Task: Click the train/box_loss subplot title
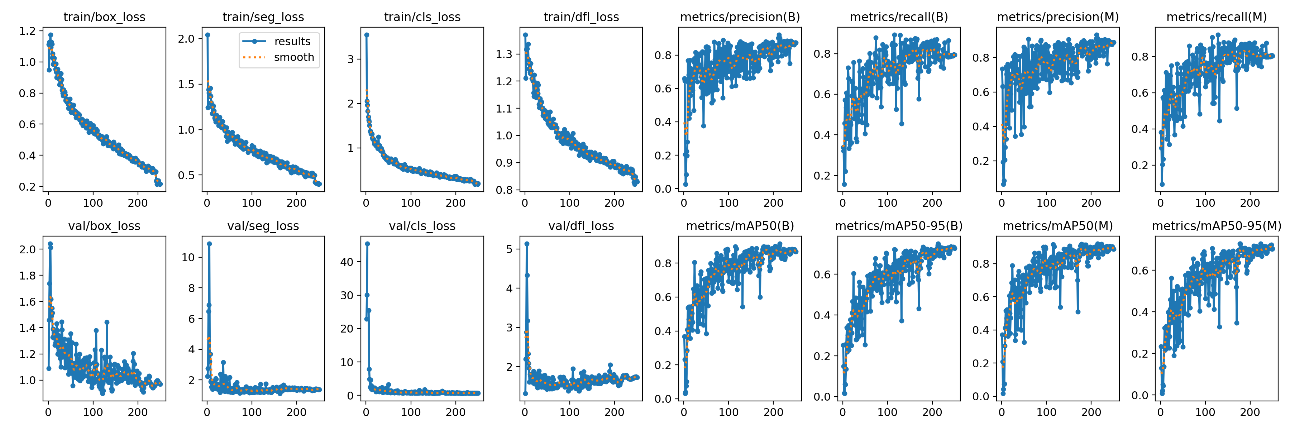pyautogui.click(x=104, y=17)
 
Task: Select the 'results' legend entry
pyautogui.click(x=292, y=42)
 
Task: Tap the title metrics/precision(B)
pyautogui.click(x=740, y=17)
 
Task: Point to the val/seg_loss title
pyautogui.click(x=263, y=226)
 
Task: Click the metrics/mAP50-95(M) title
pyautogui.click(x=1217, y=226)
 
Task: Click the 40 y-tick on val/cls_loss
pyautogui.click(x=347, y=262)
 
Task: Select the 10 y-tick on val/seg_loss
pyautogui.click(x=188, y=257)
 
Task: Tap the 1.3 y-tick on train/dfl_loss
pyautogui.click(x=504, y=54)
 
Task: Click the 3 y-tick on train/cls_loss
pyautogui.click(x=350, y=59)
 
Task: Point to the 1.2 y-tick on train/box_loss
pyautogui.click(x=28, y=31)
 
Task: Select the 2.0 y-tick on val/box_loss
pyautogui.click(x=28, y=249)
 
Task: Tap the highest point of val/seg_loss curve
pyautogui.click(x=209, y=244)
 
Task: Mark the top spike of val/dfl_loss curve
pyautogui.click(x=527, y=244)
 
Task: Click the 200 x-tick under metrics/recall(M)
pyautogui.click(x=1250, y=203)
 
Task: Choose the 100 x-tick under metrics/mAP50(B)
pyautogui.click(x=728, y=412)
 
